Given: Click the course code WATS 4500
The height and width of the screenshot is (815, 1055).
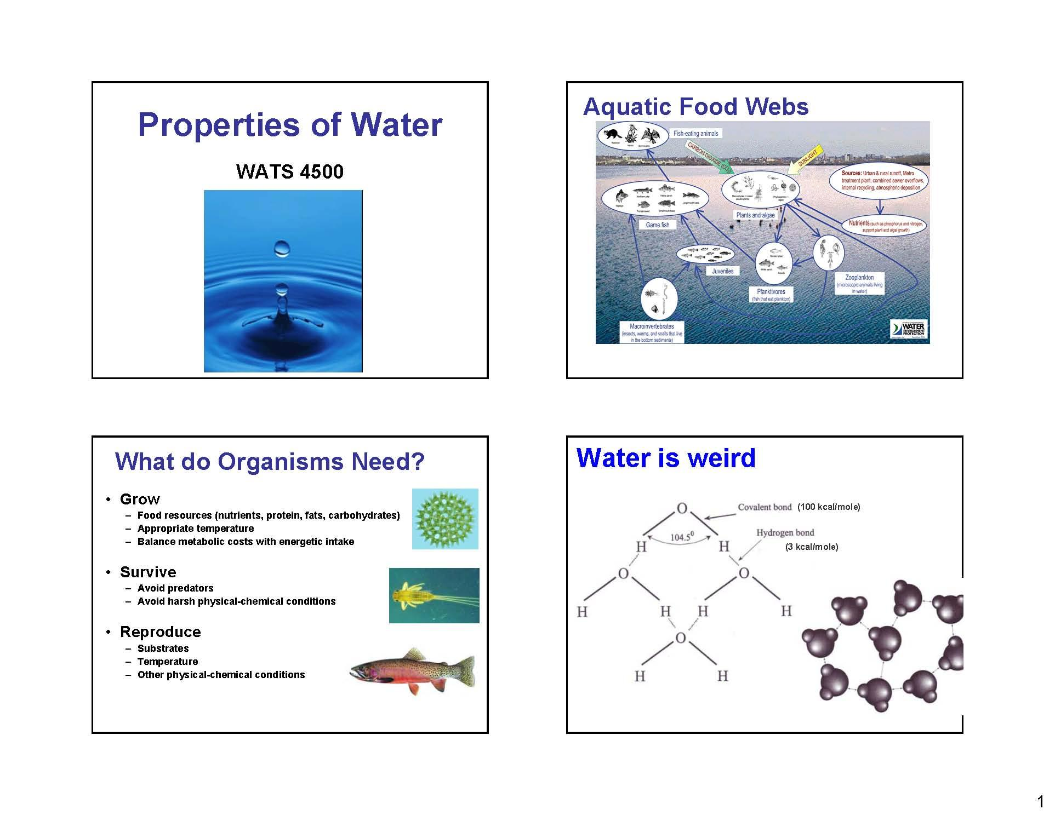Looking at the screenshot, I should click(289, 171).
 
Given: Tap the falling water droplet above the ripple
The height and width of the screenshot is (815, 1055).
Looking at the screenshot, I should click(281, 249).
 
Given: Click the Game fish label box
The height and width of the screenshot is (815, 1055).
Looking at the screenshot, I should click(657, 225).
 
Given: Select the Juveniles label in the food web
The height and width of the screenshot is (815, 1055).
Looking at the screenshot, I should click(722, 271).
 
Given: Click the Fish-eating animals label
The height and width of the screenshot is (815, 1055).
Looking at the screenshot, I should click(695, 133).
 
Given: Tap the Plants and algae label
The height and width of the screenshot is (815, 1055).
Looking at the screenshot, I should click(755, 215).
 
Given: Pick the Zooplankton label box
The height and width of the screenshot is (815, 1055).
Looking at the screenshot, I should click(859, 284).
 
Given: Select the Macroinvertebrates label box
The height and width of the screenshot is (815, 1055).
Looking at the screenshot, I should click(652, 332).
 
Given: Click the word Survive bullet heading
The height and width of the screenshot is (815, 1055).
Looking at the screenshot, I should click(148, 572).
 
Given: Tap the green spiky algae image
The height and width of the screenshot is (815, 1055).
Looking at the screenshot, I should click(445, 519).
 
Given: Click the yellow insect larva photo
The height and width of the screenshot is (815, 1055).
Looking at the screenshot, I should click(434, 595).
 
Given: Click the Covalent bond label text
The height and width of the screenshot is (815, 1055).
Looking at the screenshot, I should click(765, 507).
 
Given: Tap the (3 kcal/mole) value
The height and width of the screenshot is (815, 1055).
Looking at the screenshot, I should click(812, 547).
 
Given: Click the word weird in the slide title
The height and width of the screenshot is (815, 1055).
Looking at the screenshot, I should click(721, 458).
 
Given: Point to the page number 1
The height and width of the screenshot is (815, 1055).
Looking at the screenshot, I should click(1040, 802).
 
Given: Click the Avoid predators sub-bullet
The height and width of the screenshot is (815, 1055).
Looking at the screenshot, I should click(175, 588).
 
